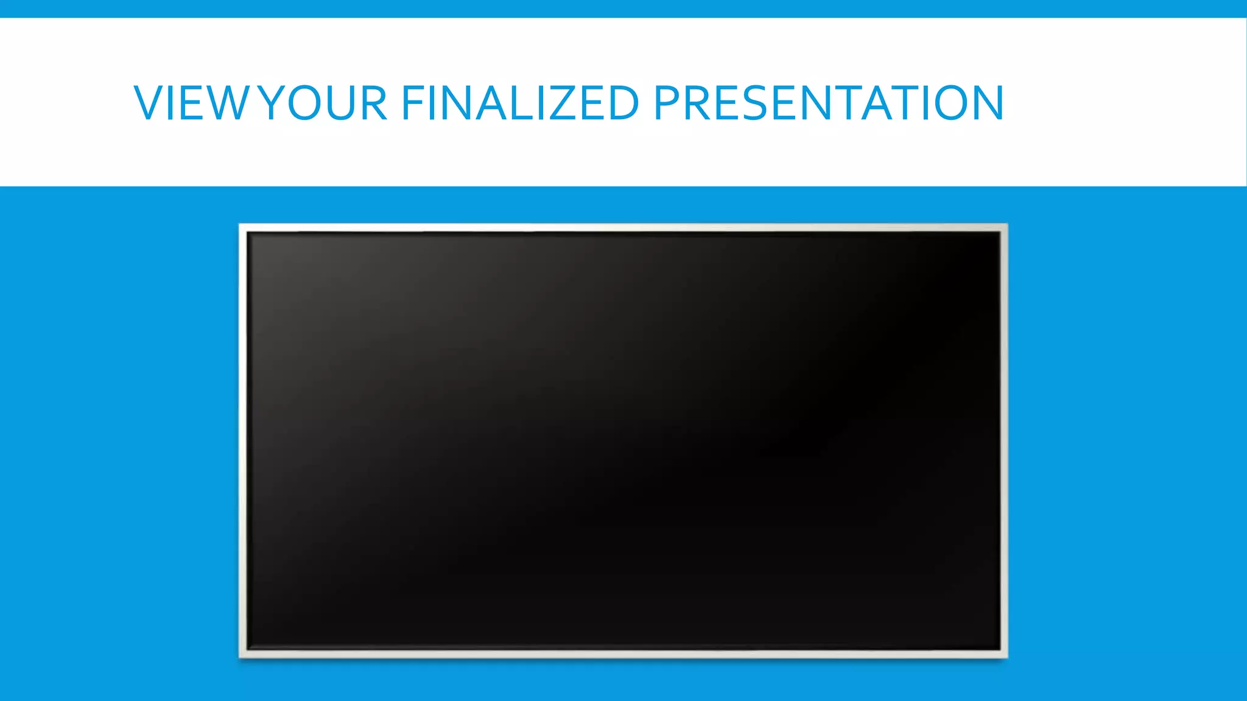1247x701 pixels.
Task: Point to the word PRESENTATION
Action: coord(829,103)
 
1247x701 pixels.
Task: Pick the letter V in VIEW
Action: coord(149,103)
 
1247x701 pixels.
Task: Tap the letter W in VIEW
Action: coord(225,103)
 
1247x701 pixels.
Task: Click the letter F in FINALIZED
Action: coord(412,103)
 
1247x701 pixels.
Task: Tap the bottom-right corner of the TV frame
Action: coord(1005,655)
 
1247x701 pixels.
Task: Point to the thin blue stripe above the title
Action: coord(623,9)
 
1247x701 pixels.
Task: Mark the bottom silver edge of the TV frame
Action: coord(623,654)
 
